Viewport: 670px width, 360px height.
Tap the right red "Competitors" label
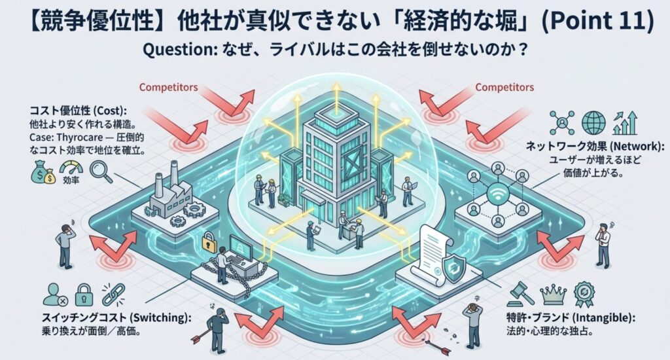point(504,86)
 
